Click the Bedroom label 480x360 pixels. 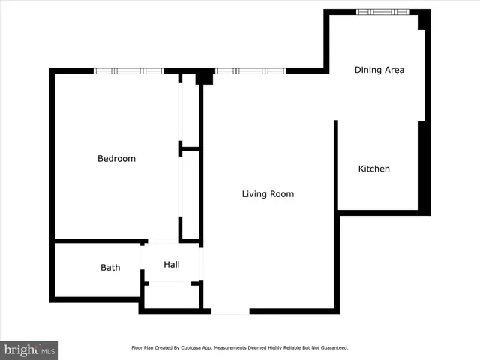point(116,159)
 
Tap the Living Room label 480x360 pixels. point(268,194)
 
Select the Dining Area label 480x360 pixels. point(379,70)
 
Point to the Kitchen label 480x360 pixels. point(373,169)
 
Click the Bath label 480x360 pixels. point(110,268)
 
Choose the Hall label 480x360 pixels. point(172,264)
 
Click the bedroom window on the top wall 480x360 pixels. point(129,71)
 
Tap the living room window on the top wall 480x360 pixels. point(250,71)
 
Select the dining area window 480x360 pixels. point(382,12)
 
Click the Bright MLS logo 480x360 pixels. point(29,349)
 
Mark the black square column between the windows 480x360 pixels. point(204,77)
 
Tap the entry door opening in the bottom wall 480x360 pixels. point(230,311)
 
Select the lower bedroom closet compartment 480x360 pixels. point(190,195)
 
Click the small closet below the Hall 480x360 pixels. point(173,295)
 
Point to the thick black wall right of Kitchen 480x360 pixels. point(424,169)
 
